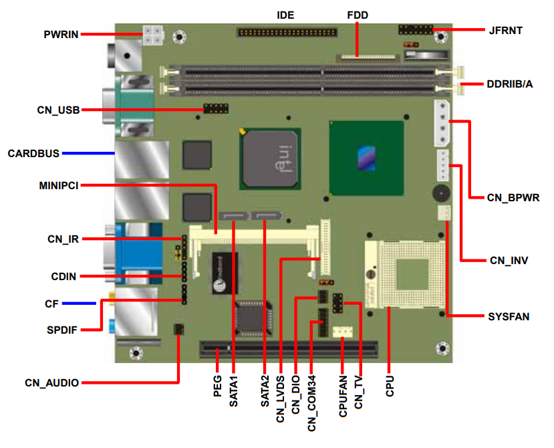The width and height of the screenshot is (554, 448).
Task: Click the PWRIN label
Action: [61, 34]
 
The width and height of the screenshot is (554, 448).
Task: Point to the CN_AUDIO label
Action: [52, 382]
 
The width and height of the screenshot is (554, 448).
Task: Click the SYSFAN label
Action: [509, 316]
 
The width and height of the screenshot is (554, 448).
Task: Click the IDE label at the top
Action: [285, 15]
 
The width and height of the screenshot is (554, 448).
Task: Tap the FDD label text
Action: [358, 15]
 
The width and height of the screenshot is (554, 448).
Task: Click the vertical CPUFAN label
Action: [343, 397]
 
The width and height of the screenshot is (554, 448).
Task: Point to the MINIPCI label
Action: [59, 185]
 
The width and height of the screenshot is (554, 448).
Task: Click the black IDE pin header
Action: [287, 31]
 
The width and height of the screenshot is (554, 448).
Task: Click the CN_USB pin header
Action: [216, 108]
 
